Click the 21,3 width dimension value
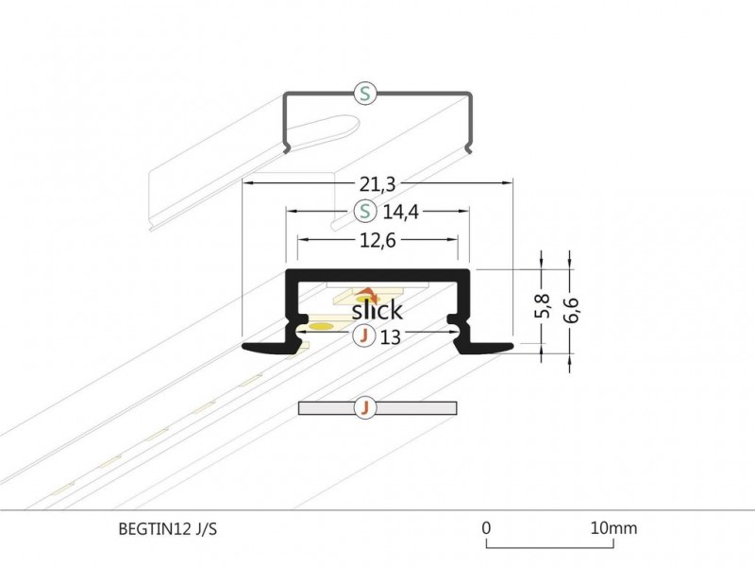(377, 167)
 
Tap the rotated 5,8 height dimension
(541, 307)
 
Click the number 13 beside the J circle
(390, 336)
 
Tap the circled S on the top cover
(365, 93)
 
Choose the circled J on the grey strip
(365, 408)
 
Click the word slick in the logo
(377, 310)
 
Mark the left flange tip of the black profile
(247, 348)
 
